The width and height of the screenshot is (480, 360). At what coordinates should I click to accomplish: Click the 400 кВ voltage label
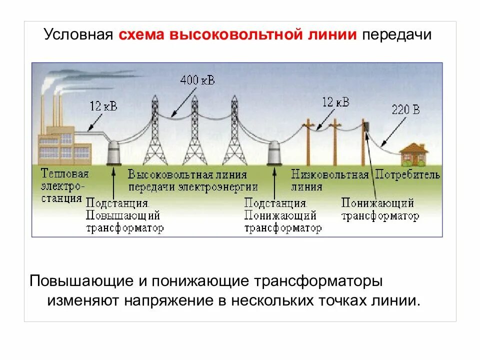(198, 80)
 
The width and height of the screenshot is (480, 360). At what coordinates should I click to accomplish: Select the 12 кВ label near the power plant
(103, 105)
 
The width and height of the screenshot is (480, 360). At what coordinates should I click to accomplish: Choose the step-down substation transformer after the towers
(274, 152)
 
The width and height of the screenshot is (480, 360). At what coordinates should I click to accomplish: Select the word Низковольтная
(329, 174)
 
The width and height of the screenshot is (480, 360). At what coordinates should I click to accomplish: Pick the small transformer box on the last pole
(366, 125)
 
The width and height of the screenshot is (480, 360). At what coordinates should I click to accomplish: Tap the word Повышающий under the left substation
(123, 216)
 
